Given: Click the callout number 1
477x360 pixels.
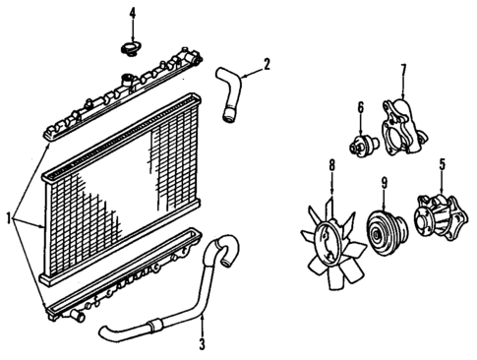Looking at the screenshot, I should coord(9,217).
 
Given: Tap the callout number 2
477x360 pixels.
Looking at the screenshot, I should coord(266,66).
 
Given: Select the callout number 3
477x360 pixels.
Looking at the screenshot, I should coord(201,344).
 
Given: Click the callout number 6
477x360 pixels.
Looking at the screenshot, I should coord(361,107).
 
